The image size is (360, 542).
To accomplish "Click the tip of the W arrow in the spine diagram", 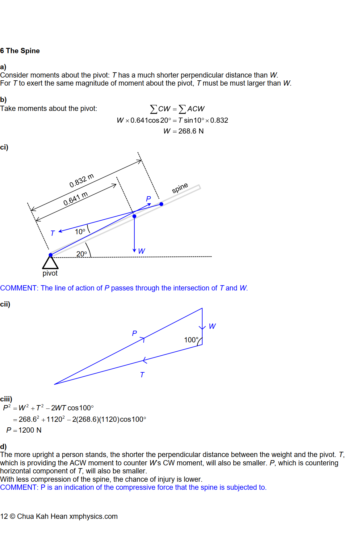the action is pyautogui.click(x=134, y=252).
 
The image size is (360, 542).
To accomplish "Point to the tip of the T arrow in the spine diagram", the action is pyautogui.click(x=58, y=231).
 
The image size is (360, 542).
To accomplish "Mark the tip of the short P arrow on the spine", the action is pyautogui.click(x=151, y=203).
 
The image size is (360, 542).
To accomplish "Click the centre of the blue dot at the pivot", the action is pyautogui.click(x=51, y=255).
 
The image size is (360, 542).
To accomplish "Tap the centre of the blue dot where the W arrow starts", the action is pyautogui.click(x=134, y=216).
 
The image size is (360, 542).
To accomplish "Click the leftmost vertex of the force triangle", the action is pyautogui.click(x=54, y=384).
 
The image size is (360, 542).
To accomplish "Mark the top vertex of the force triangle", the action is pyautogui.click(x=202, y=308).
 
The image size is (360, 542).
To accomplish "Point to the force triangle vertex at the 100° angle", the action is pyautogui.click(x=202, y=345).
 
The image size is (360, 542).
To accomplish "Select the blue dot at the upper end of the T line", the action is pyautogui.click(x=161, y=204).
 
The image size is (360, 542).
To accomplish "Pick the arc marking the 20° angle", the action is pyautogui.click(x=89, y=249).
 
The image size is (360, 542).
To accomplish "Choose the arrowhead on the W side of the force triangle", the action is pyautogui.click(x=202, y=328).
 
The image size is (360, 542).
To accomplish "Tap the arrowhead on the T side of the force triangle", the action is pyautogui.click(x=144, y=360).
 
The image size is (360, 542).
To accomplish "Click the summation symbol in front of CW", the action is pyautogui.click(x=153, y=109).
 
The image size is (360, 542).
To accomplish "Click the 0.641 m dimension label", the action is pyautogui.click(x=76, y=199).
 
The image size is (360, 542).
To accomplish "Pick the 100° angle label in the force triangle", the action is pyautogui.click(x=191, y=340).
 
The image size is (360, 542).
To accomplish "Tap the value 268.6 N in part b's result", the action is pyautogui.click(x=191, y=131).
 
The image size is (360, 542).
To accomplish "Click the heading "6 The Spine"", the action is pyautogui.click(x=20, y=51).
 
